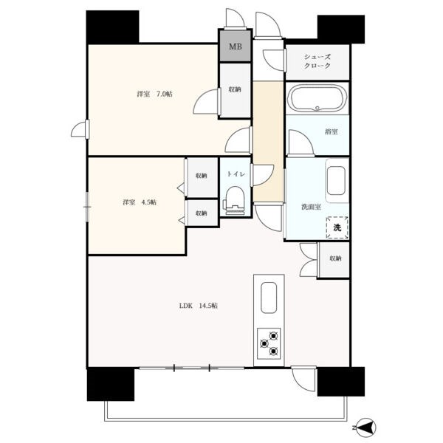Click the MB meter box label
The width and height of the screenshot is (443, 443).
(x=236, y=47)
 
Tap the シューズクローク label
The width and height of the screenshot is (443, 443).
(x=317, y=61)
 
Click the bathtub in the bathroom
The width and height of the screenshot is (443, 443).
(x=317, y=99)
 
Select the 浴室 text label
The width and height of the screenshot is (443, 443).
(x=331, y=131)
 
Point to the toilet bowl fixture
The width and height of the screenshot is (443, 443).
(x=235, y=200)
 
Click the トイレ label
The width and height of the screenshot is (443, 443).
(x=236, y=174)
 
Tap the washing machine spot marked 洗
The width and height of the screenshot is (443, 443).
(x=337, y=227)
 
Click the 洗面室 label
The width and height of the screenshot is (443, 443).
(x=311, y=207)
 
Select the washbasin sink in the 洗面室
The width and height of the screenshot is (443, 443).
(x=336, y=181)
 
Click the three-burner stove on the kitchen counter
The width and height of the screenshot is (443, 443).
(x=269, y=343)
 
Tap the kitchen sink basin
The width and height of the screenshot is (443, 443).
(x=269, y=298)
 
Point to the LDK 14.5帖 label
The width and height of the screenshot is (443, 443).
(x=199, y=306)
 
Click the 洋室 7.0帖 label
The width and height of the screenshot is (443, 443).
(x=154, y=94)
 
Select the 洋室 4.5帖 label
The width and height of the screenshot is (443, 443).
(x=140, y=202)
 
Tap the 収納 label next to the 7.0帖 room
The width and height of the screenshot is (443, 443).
(x=235, y=89)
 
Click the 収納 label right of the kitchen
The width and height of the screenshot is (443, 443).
(x=335, y=258)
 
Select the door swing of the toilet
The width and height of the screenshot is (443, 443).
(x=263, y=175)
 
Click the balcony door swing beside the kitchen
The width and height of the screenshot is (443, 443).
(x=303, y=380)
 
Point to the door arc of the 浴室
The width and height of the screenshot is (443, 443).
(x=301, y=142)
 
